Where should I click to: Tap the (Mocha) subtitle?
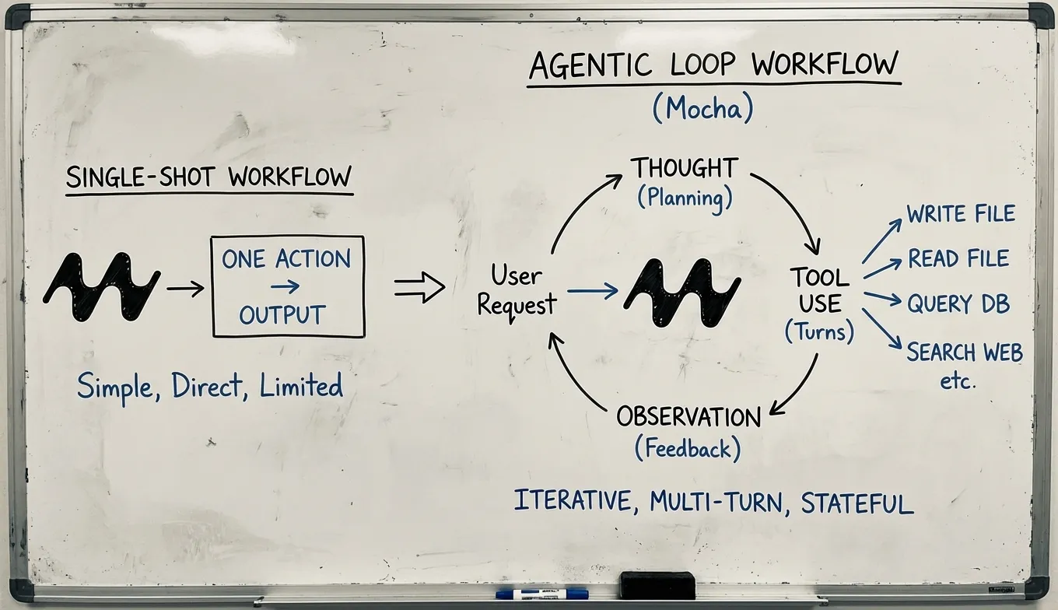[703, 110]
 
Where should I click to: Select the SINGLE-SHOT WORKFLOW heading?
[208, 177]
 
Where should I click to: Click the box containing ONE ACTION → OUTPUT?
[288, 287]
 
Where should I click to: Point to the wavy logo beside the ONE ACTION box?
[101, 287]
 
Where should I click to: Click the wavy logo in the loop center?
[682, 293]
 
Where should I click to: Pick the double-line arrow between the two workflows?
[419, 287]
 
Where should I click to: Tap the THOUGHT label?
[684, 168]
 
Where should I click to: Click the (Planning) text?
[685, 198]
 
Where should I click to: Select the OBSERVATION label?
[688, 418]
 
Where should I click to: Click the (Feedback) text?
[688, 449]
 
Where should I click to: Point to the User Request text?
[517, 290]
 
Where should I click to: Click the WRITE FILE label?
[961, 214]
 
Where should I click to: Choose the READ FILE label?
[958, 258]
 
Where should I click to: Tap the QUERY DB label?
[958, 303]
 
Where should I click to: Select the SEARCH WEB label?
[965, 352]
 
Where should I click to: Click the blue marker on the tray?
[542, 594]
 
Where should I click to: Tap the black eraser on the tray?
[657, 585]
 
